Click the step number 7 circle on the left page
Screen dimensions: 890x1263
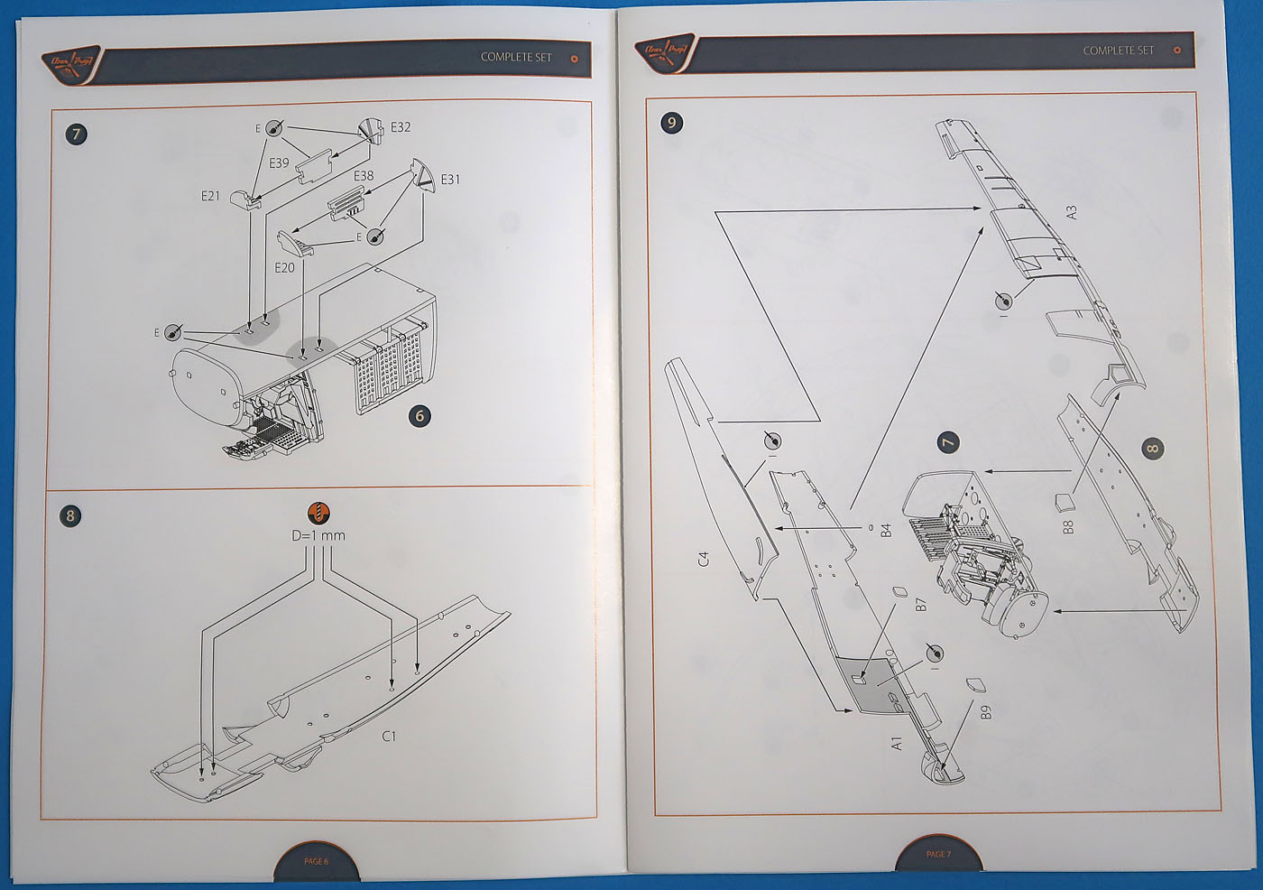[x=77, y=134]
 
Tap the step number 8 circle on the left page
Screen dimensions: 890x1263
[x=70, y=515]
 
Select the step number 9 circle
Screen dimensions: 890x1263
[x=671, y=123]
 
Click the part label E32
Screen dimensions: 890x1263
[x=400, y=127]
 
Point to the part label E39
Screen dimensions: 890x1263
[x=279, y=163]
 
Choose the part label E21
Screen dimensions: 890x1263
[x=210, y=195]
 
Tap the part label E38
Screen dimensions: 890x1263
[x=364, y=176]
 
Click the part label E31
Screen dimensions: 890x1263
[x=450, y=180]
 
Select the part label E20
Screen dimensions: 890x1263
[x=284, y=268]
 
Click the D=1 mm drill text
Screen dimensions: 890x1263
[x=318, y=535]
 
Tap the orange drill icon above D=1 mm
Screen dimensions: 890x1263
[x=318, y=513]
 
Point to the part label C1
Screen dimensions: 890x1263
[x=389, y=737]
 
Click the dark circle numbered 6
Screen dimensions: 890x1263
[x=419, y=415]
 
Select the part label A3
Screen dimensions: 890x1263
[x=1072, y=213]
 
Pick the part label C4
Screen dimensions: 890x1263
[x=704, y=559]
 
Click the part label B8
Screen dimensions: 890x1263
[x=1069, y=526]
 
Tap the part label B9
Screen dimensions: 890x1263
[x=986, y=711]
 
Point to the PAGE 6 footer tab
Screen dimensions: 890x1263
[x=316, y=862]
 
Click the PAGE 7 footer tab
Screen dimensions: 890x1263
[x=937, y=854]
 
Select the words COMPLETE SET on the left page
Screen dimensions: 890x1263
[x=516, y=57]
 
